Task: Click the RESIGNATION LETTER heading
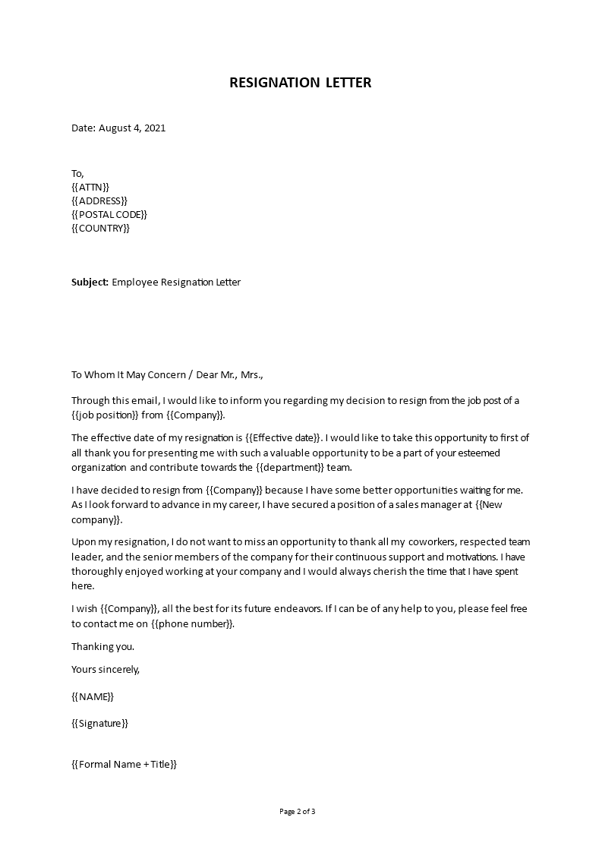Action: pos(301,83)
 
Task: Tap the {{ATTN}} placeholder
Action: pos(90,187)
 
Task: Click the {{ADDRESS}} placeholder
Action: pos(99,200)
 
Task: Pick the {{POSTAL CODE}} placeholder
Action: pos(109,214)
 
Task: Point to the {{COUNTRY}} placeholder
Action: pos(101,228)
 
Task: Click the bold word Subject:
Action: pos(90,282)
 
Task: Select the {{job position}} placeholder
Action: pos(106,415)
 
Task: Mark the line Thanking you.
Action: pos(102,646)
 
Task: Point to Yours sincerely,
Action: pos(106,669)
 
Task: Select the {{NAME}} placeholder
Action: pos(93,696)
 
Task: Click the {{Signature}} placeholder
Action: pos(100,723)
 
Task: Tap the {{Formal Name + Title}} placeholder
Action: pos(124,764)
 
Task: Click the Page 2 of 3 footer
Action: pos(298,811)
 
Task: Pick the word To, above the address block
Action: pos(78,173)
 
